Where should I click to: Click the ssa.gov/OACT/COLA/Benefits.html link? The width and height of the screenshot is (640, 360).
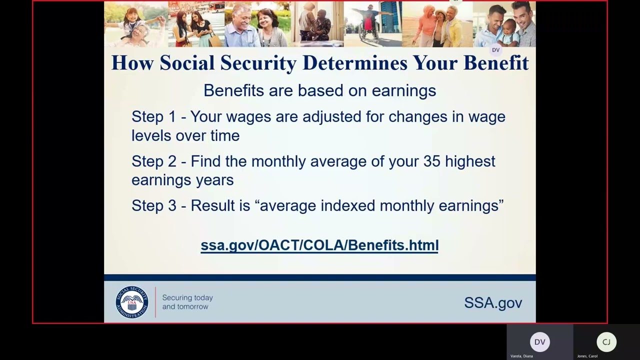pos(319,245)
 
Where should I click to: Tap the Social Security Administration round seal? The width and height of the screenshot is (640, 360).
pos(132,302)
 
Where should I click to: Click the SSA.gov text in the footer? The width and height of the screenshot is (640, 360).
pos(492,302)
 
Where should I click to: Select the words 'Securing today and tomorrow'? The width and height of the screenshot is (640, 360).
pos(187,302)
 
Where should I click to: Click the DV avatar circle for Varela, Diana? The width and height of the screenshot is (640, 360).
pos(539,342)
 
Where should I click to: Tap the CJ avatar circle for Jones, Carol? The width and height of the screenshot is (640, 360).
pos(606,342)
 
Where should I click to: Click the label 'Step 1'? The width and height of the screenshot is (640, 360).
pos(153,117)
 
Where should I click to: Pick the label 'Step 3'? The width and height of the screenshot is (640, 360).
pos(153,205)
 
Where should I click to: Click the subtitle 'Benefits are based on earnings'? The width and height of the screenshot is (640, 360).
pos(319,90)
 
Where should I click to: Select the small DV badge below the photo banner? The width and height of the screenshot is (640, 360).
pos(495,50)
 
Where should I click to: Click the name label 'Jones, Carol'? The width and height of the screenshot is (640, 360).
pos(587,356)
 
